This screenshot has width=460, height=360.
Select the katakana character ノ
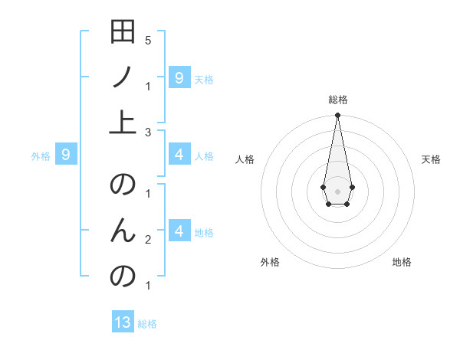click(x=123, y=77)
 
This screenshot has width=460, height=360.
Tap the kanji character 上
click(x=123, y=123)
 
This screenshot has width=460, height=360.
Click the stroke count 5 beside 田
click(x=147, y=41)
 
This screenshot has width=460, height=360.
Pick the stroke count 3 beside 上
click(x=147, y=132)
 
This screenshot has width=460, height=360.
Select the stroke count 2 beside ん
click(x=147, y=241)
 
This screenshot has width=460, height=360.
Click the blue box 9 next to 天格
click(x=179, y=77)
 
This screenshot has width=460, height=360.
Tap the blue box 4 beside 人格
click(x=179, y=155)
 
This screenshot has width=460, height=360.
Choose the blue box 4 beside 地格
click(x=179, y=231)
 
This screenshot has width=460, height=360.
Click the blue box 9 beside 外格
click(x=66, y=155)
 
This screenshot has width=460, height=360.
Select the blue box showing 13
click(x=123, y=322)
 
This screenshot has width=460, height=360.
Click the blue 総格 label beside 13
click(x=147, y=324)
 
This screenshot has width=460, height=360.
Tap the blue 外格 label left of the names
click(x=41, y=156)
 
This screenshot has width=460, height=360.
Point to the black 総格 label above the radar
click(x=337, y=100)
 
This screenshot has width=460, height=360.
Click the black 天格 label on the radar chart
click(x=431, y=159)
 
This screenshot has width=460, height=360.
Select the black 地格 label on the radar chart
click(x=402, y=262)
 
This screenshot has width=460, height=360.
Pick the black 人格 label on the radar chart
click(x=245, y=159)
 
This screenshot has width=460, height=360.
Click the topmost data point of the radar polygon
click(x=337, y=115)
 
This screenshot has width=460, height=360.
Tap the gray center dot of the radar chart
click(x=337, y=190)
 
